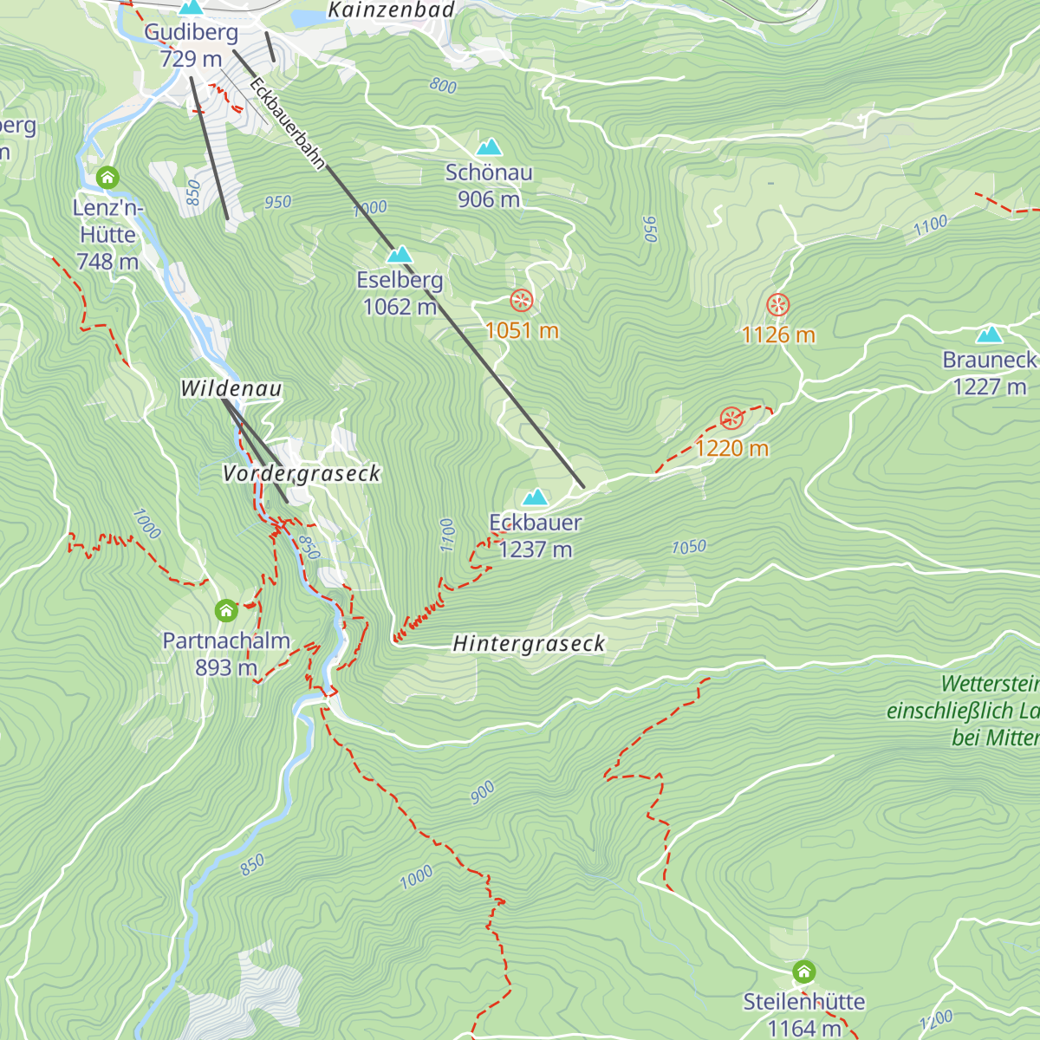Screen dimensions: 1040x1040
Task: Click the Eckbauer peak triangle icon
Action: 535,497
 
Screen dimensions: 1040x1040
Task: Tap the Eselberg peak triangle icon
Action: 400,255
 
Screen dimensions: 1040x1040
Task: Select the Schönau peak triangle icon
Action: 489,147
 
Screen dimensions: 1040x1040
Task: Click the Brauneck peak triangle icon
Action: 989,335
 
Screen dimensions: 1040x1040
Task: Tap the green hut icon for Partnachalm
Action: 226,611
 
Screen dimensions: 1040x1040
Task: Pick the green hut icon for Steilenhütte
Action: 804,971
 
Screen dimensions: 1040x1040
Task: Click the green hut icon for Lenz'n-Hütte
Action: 107,178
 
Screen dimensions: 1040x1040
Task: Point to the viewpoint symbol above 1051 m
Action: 521,301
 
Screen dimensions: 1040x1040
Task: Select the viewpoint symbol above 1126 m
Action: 778,305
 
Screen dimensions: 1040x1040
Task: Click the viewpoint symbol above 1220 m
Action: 732,419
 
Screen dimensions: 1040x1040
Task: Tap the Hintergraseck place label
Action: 529,644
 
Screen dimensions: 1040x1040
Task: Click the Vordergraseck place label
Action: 302,474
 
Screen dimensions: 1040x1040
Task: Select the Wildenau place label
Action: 231,389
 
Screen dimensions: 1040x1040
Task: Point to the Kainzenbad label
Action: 392,10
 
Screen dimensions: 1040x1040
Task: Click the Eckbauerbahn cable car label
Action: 287,123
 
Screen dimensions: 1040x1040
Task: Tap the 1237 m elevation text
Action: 536,549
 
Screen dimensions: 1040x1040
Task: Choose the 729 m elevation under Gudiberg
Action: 192,59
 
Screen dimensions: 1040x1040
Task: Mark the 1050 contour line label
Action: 689,547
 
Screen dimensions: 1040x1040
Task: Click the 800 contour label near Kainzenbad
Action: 443,86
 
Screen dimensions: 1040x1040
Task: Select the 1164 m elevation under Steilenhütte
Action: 804,1029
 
